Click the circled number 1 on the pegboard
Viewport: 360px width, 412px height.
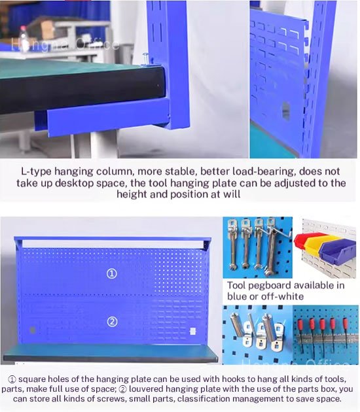[x=111, y=274]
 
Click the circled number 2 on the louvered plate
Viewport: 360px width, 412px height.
[x=112, y=322]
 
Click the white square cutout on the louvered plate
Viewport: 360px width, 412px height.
[x=192, y=331]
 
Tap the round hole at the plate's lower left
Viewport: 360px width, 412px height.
[x=33, y=330]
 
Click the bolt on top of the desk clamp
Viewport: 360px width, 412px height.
[x=145, y=59]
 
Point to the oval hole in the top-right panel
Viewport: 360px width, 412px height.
[x=286, y=111]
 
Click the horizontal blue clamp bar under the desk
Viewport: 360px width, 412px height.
[x=109, y=119]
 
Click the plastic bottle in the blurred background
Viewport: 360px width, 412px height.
[x=23, y=39]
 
